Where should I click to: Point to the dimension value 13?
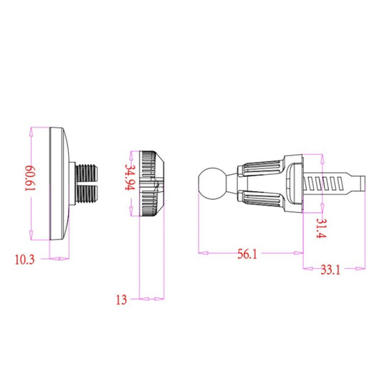[120, 300]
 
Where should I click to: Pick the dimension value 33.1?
[330, 270]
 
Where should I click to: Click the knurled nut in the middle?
[152, 183]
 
